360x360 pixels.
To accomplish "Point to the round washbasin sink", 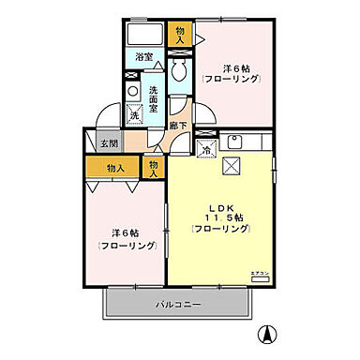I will (131, 92).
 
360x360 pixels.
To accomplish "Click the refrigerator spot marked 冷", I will (205, 148).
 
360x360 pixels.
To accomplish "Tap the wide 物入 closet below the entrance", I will (116, 168).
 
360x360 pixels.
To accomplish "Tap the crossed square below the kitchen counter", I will (234, 167).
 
